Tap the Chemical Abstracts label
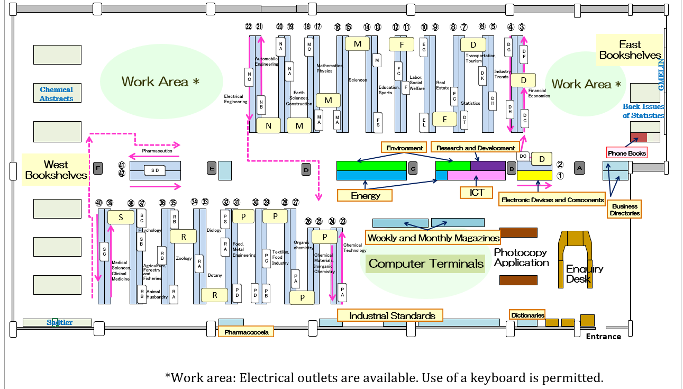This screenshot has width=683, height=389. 57,94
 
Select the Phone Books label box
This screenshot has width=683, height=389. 627,153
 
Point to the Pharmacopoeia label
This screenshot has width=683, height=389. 246,332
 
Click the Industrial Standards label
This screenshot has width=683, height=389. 392,316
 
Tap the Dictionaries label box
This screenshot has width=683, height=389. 527,315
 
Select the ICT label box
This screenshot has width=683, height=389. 477,193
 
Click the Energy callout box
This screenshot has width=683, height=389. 366,195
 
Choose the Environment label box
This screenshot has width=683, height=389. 404,148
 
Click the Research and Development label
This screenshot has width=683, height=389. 475,148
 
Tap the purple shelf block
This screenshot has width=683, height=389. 488,166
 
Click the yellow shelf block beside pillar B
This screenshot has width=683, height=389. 534,175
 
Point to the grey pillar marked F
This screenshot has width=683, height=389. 97,168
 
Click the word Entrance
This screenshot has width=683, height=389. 604,337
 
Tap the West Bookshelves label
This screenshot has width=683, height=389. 56,170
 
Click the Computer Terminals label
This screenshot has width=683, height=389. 426,264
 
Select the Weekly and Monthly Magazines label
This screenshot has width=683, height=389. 433,238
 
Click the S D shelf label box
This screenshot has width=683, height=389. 155,170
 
